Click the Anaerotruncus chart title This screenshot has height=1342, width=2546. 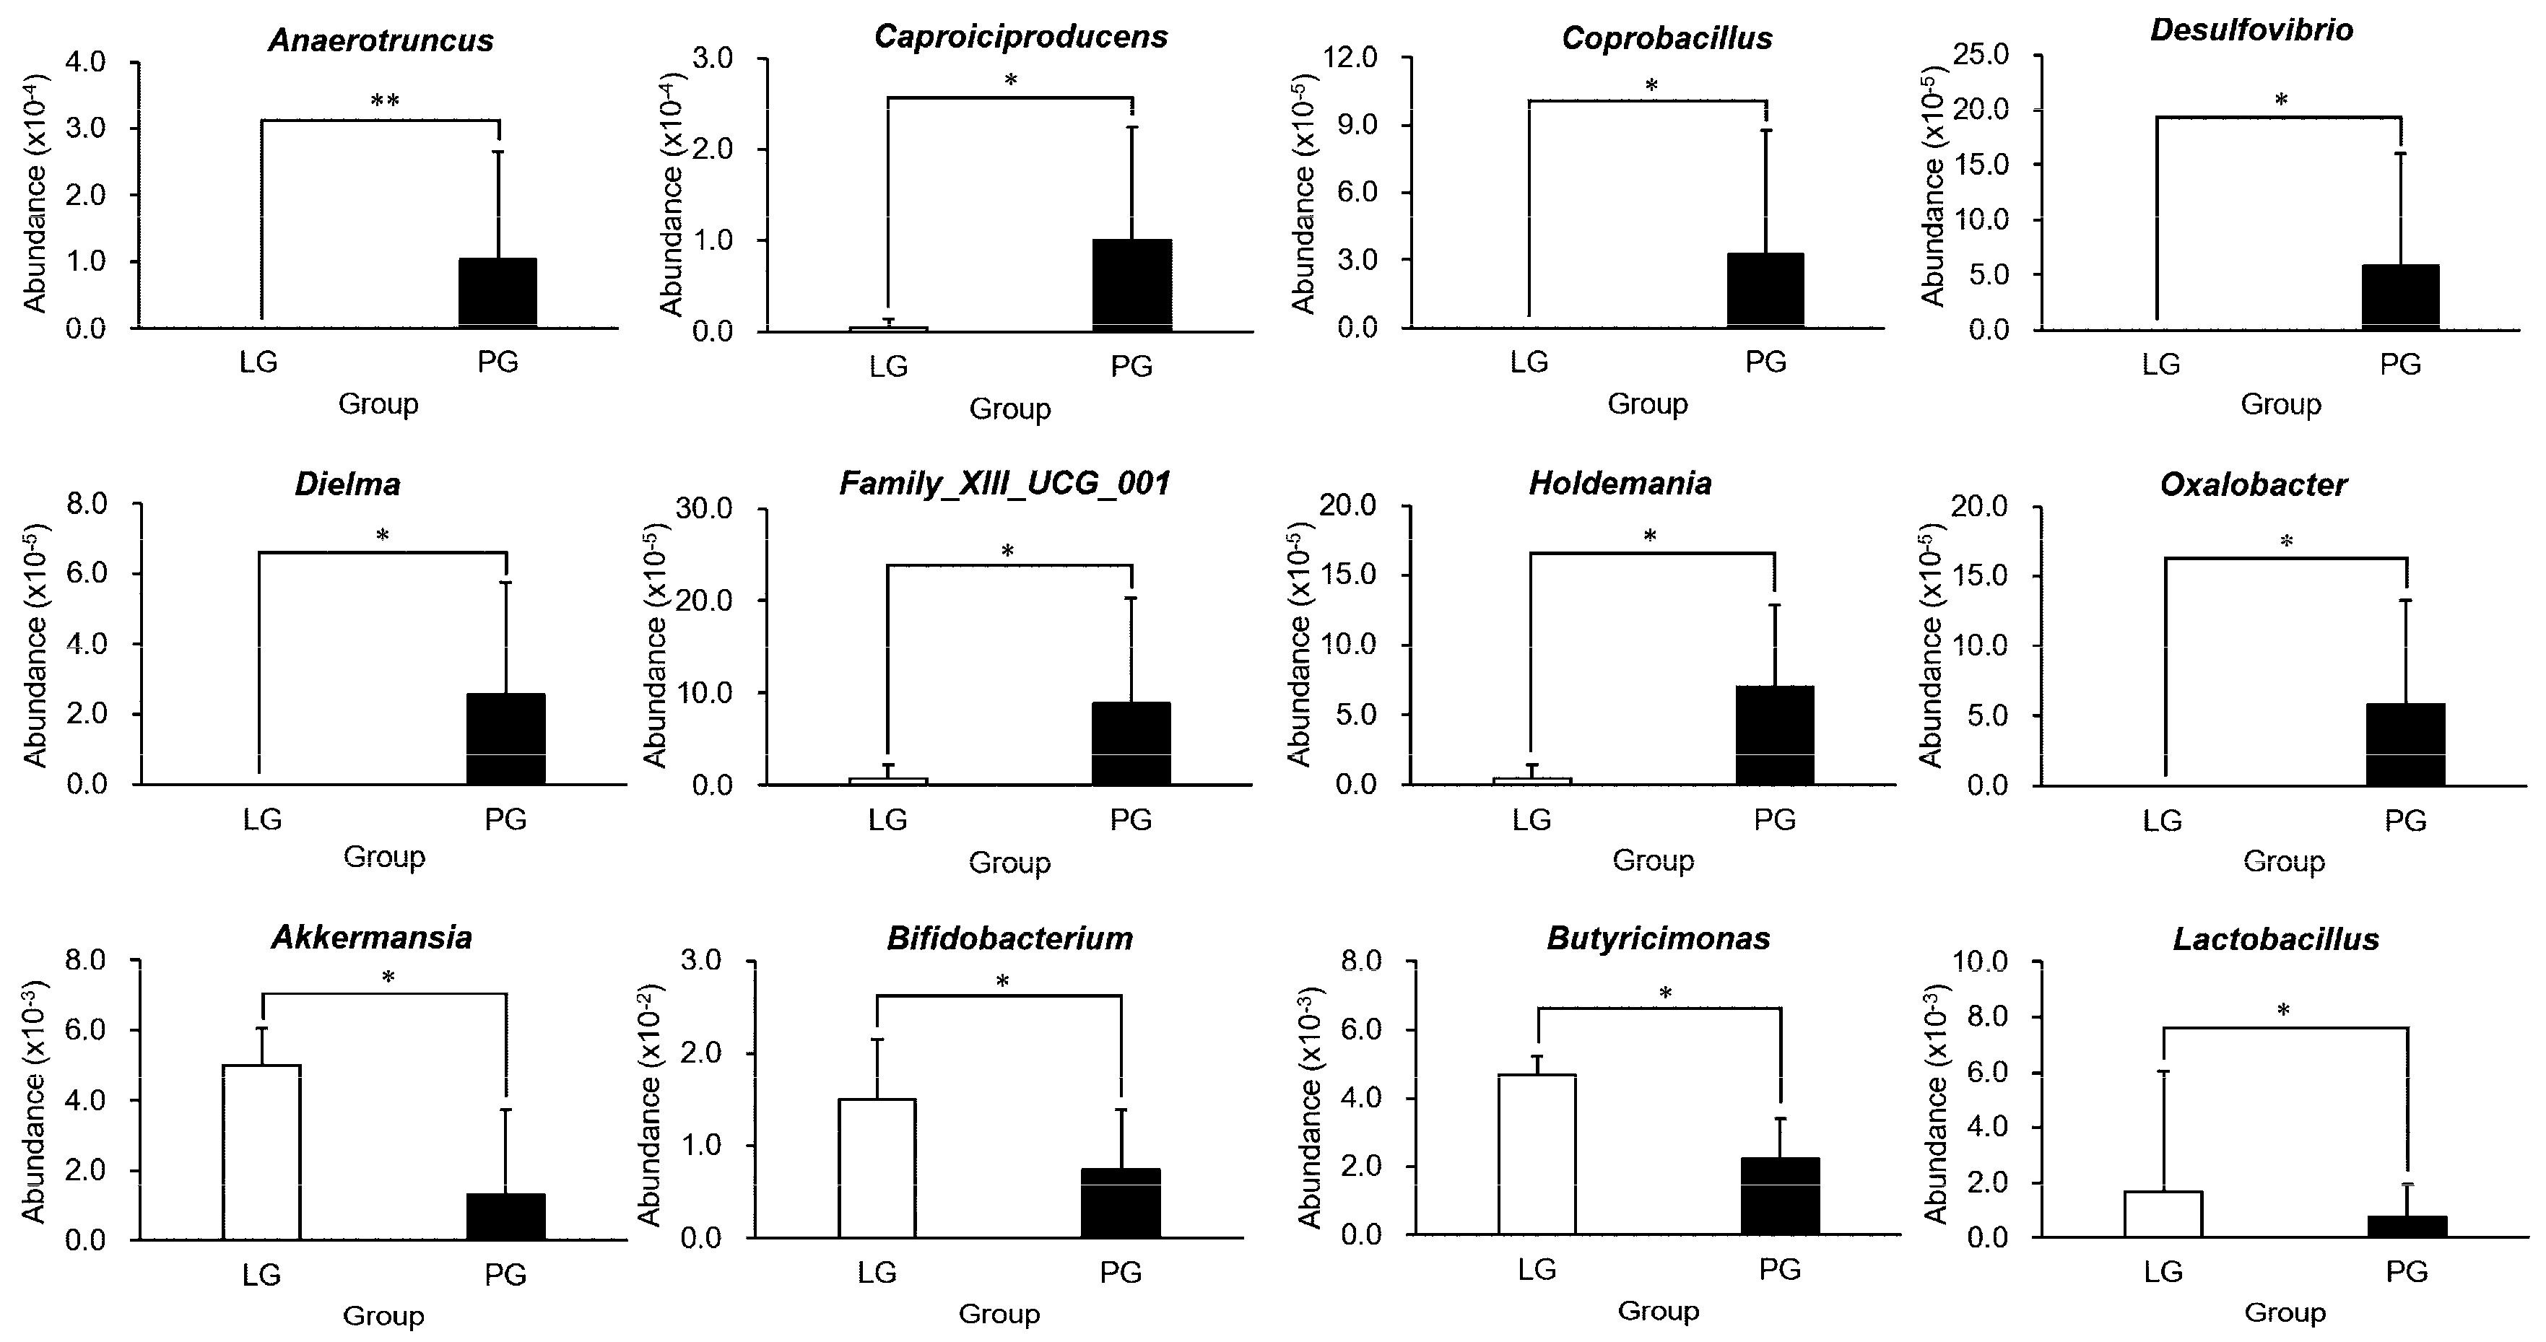[381, 40]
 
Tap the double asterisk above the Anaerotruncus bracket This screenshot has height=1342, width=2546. [384, 101]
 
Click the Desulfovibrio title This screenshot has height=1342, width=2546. [2251, 30]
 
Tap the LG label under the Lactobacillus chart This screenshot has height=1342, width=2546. [2163, 1272]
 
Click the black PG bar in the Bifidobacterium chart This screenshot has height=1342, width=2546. [1121, 1203]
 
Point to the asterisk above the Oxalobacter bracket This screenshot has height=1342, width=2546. [2286, 541]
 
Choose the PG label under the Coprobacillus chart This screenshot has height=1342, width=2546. [1765, 362]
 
